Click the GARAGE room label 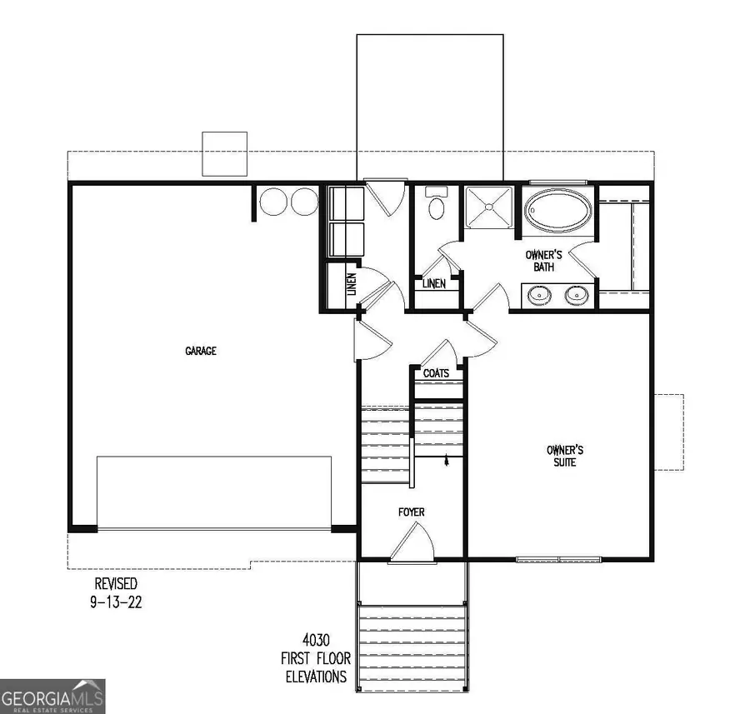coord(201,351)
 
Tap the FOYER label coord(412,512)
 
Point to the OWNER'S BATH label coord(543,261)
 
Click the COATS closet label coord(436,373)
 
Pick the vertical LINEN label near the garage coord(351,287)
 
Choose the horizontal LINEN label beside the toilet coord(433,284)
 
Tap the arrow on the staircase coord(448,459)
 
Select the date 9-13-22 coord(115,602)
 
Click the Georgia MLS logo coord(52,695)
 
